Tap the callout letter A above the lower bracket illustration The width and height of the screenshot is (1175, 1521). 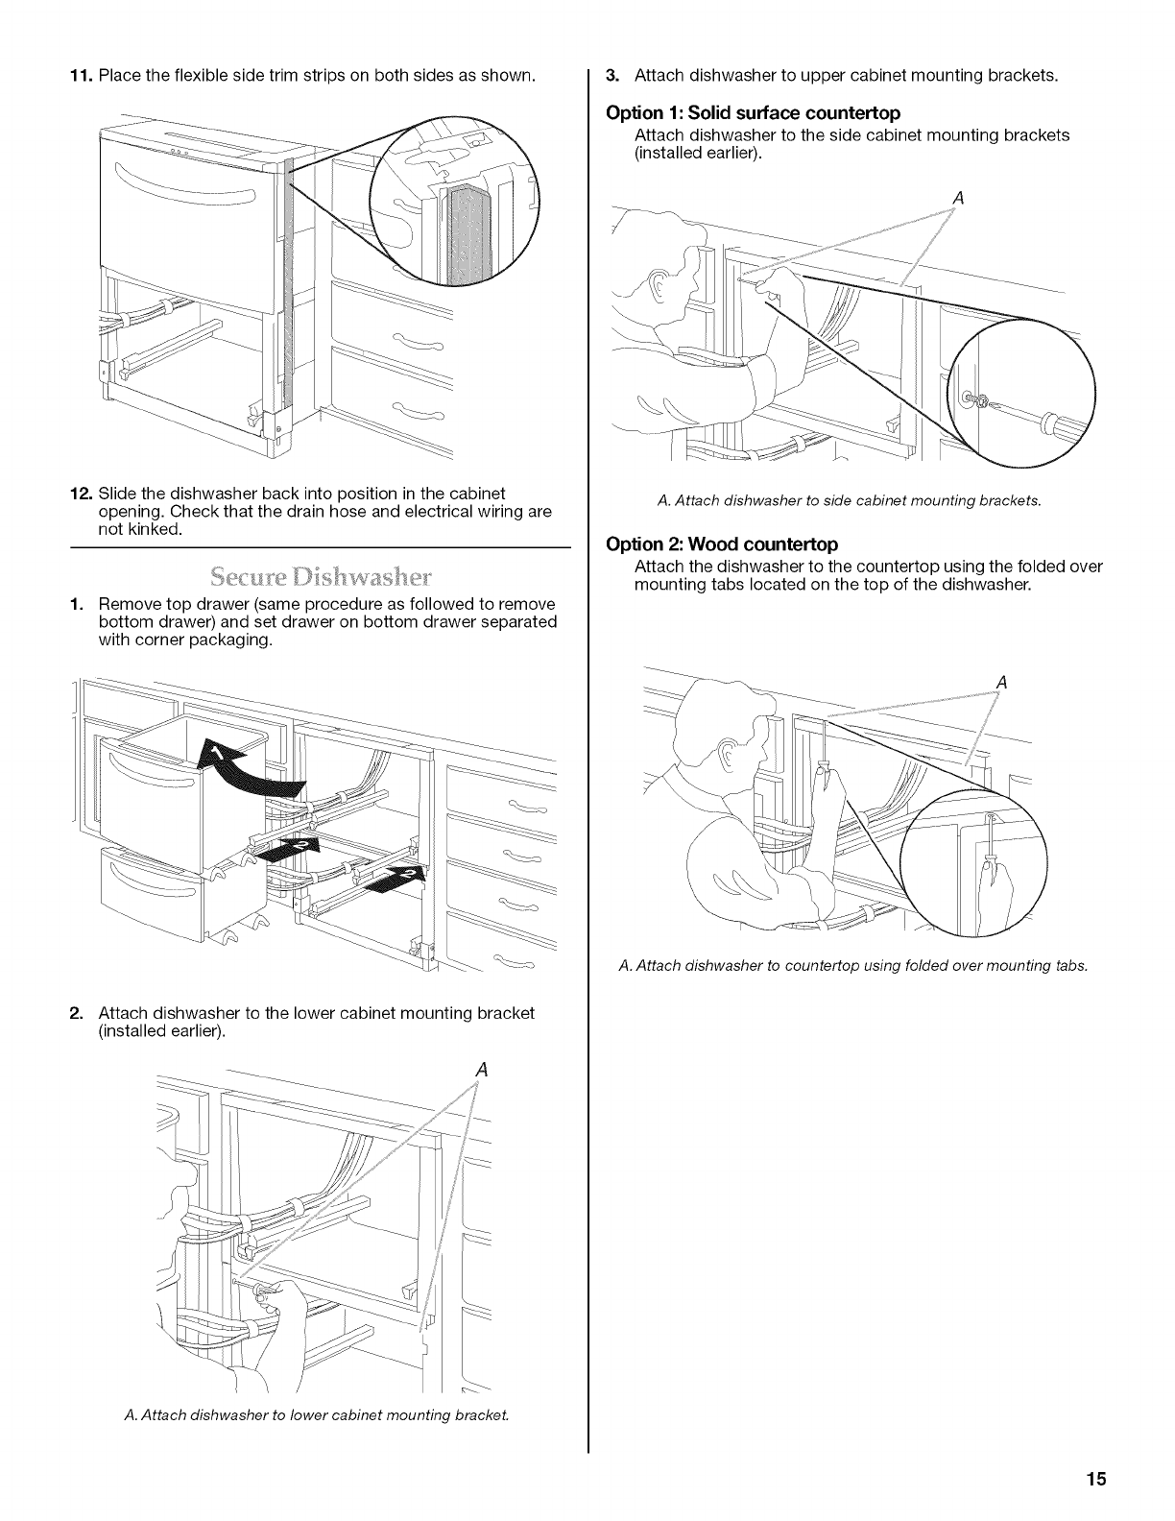point(482,1069)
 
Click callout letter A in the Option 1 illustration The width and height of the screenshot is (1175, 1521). point(956,199)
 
